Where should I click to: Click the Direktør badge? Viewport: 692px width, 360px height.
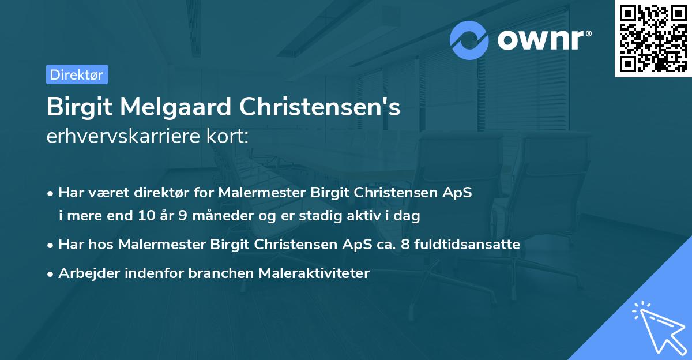tap(77, 74)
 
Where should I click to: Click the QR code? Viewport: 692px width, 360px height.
tap(653, 38)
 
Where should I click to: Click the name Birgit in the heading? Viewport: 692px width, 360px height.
tap(77, 107)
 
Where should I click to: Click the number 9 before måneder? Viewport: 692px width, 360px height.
tap(183, 216)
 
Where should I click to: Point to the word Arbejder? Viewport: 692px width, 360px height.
tap(85, 273)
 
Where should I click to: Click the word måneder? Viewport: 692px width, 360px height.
tap(217, 216)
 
